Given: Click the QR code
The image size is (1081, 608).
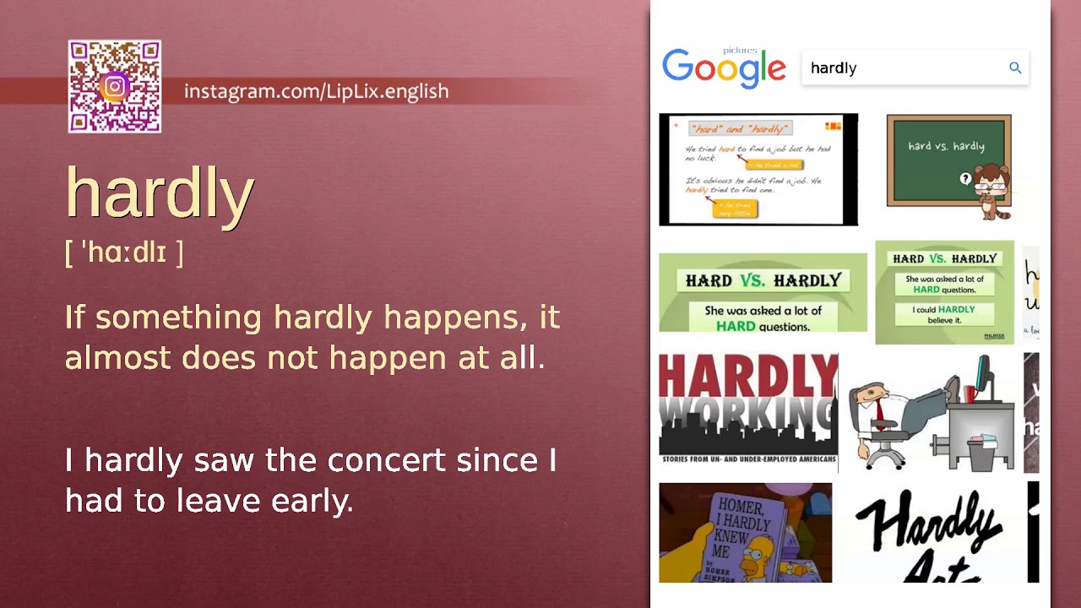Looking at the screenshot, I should [x=115, y=86].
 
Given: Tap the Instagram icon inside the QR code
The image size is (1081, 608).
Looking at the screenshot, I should [x=115, y=86].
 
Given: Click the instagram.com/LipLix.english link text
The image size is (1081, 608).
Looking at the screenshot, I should [x=316, y=91].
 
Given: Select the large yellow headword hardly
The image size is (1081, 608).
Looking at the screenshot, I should [x=160, y=193].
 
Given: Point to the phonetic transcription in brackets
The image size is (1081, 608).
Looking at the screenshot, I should [x=124, y=252].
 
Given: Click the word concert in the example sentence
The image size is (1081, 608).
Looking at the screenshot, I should [x=386, y=460].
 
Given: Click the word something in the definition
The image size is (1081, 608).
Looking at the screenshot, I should [x=178, y=318].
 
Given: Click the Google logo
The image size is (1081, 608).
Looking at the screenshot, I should [x=724, y=68].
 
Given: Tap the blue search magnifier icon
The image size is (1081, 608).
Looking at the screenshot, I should [x=1015, y=68].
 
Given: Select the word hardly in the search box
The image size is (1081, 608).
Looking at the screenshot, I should [x=834, y=68].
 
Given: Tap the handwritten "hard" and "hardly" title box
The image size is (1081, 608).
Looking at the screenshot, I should [x=740, y=128].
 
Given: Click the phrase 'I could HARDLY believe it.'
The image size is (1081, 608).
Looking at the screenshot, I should [x=944, y=315].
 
